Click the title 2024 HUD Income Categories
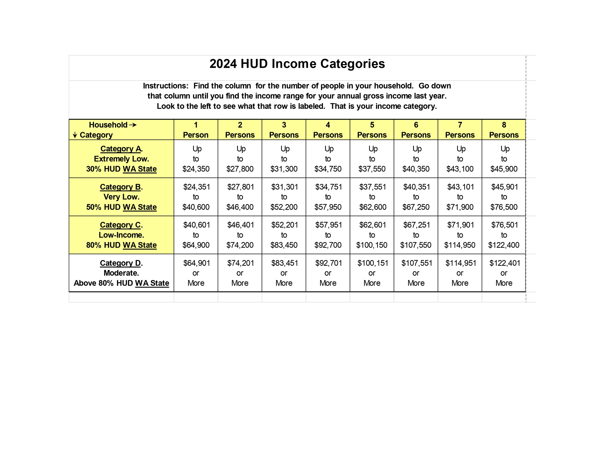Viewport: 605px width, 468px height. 297,64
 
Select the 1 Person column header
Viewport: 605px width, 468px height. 196,130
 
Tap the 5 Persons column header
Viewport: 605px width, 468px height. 372,130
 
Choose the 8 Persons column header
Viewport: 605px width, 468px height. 504,130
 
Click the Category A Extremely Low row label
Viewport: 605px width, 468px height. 121,159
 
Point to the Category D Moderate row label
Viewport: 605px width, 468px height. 121,273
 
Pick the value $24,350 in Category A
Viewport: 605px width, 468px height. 196,169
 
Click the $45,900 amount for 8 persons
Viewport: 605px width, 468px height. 504,169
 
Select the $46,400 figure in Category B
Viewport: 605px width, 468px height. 240,207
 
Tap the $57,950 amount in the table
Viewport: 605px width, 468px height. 328,207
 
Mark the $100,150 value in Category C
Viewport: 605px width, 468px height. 372,245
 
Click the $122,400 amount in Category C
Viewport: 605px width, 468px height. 504,245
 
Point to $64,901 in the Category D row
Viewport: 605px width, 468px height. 197,263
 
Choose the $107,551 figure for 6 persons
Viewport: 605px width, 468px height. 417,263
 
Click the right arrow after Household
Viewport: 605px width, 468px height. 133,125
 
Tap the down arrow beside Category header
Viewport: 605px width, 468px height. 75,135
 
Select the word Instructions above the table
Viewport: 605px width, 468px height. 165,86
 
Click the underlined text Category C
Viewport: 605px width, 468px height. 120,225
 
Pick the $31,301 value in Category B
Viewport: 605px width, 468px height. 285,187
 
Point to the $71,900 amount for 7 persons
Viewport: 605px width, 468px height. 460,207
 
